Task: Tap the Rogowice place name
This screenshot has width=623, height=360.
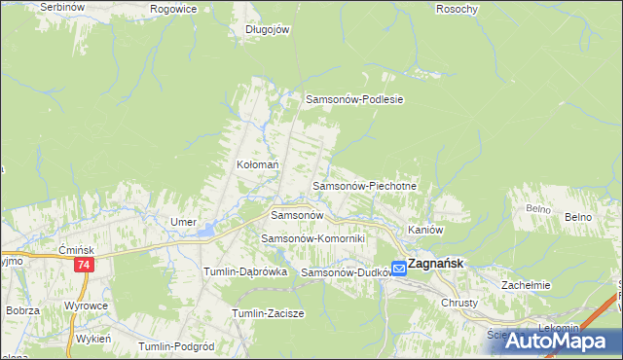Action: click(174, 8)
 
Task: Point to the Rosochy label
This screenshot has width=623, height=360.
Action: click(458, 9)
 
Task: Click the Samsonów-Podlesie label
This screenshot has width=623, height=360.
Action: click(354, 99)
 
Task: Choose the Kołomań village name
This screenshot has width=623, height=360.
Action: click(258, 165)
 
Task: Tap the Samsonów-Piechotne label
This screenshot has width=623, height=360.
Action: click(364, 185)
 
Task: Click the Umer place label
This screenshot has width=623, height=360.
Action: click(183, 222)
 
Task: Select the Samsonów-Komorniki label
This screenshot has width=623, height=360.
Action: click(312, 238)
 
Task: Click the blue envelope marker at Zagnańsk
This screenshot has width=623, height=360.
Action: click(399, 267)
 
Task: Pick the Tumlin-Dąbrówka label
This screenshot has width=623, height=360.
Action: click(244, 272)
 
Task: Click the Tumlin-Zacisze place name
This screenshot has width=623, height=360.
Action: click(269, 313)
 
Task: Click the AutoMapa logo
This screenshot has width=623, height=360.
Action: click(563, 341)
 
